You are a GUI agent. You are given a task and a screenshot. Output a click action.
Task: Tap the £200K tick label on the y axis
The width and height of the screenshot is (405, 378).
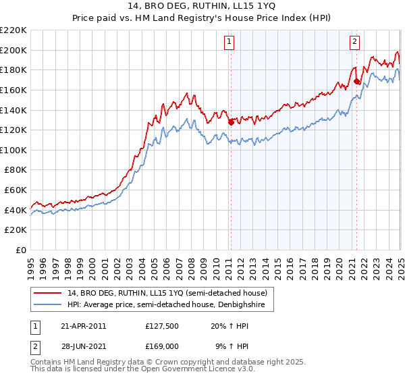tap(13, 50)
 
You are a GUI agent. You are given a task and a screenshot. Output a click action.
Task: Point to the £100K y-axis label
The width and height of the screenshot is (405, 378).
tap(13, 150)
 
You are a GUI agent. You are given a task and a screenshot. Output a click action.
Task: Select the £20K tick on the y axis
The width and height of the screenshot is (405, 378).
tap(16, 230)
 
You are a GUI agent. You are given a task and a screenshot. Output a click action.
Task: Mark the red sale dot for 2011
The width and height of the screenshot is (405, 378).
tap(231, 122)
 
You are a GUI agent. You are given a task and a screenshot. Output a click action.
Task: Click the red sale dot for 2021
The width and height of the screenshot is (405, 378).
tap(356, 81)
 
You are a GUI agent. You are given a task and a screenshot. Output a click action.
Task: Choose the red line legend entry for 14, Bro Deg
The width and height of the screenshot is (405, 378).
tap(168, 293)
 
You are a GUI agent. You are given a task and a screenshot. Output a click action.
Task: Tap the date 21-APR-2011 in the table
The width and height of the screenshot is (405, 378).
tap(83, 325)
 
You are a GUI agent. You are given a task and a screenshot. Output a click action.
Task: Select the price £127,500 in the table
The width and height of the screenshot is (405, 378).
tap(161, 325)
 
